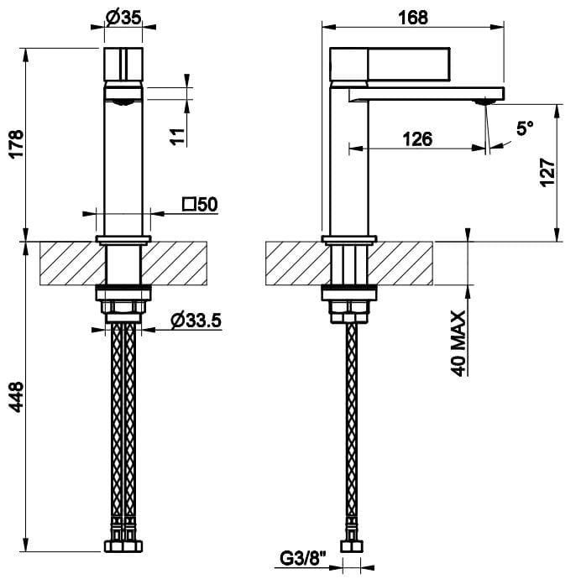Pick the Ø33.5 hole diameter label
pos(196,320)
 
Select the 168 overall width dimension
pos(414,17)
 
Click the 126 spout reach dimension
pos(415,139)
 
